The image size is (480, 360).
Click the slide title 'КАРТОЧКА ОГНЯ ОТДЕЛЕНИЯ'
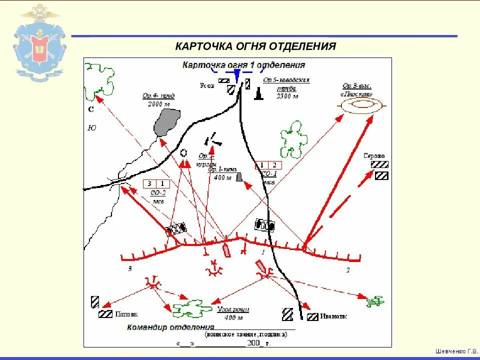tap(255, 46)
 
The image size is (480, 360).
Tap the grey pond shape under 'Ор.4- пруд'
tap(166, 122)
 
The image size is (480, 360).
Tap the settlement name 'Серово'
tap(374, 155)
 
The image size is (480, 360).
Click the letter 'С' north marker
tap(91, 109)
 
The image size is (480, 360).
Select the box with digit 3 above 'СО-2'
tap(149, 183)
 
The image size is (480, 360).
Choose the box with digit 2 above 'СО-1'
tap(274, 165)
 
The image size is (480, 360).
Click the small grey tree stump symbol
tap(239, 176)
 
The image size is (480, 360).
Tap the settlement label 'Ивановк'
tap(333, 316)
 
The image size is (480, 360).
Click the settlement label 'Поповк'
tap(126, 314)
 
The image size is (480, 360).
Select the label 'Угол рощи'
tap(233, 310)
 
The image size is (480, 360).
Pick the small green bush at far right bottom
tap(375, 301)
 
